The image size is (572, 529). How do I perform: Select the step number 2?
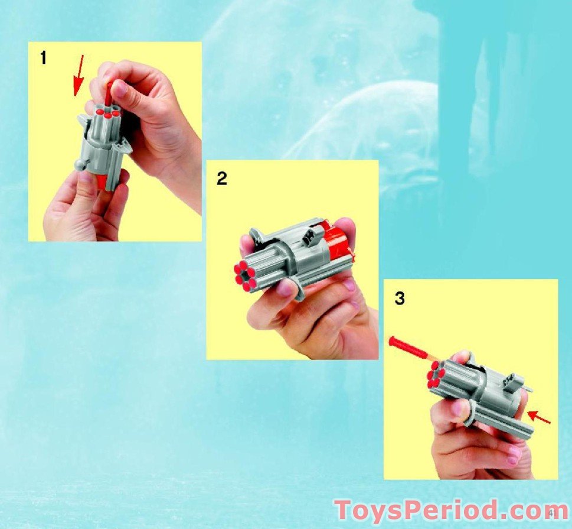click(221, 178)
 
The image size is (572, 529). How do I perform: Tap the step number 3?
click(400, 299)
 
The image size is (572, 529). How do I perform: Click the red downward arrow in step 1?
click(77, 74)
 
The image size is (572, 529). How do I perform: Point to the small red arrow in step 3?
click(539, 417)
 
